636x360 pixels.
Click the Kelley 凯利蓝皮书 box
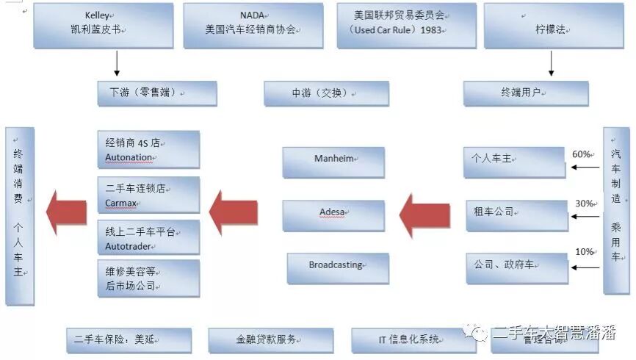[104, 24]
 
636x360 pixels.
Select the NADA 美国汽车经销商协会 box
[253, 24]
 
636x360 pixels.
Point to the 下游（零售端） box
[157, 93]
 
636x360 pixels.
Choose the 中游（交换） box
[326, 93]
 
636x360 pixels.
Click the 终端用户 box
[525, 93]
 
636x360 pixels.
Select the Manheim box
[333, 161]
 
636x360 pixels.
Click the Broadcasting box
[337, 267]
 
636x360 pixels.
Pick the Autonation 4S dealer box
[148, 150]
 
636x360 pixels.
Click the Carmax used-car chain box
[148, 194]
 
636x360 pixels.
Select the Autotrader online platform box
[148, 237]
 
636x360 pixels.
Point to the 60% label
[582, 154]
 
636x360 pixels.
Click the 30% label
[585, 204]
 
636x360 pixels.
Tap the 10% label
[585, 252]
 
